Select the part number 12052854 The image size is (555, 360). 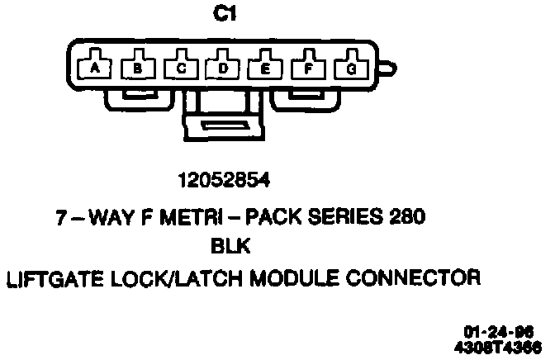(224, 179)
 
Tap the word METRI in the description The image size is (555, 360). (186, 218)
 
